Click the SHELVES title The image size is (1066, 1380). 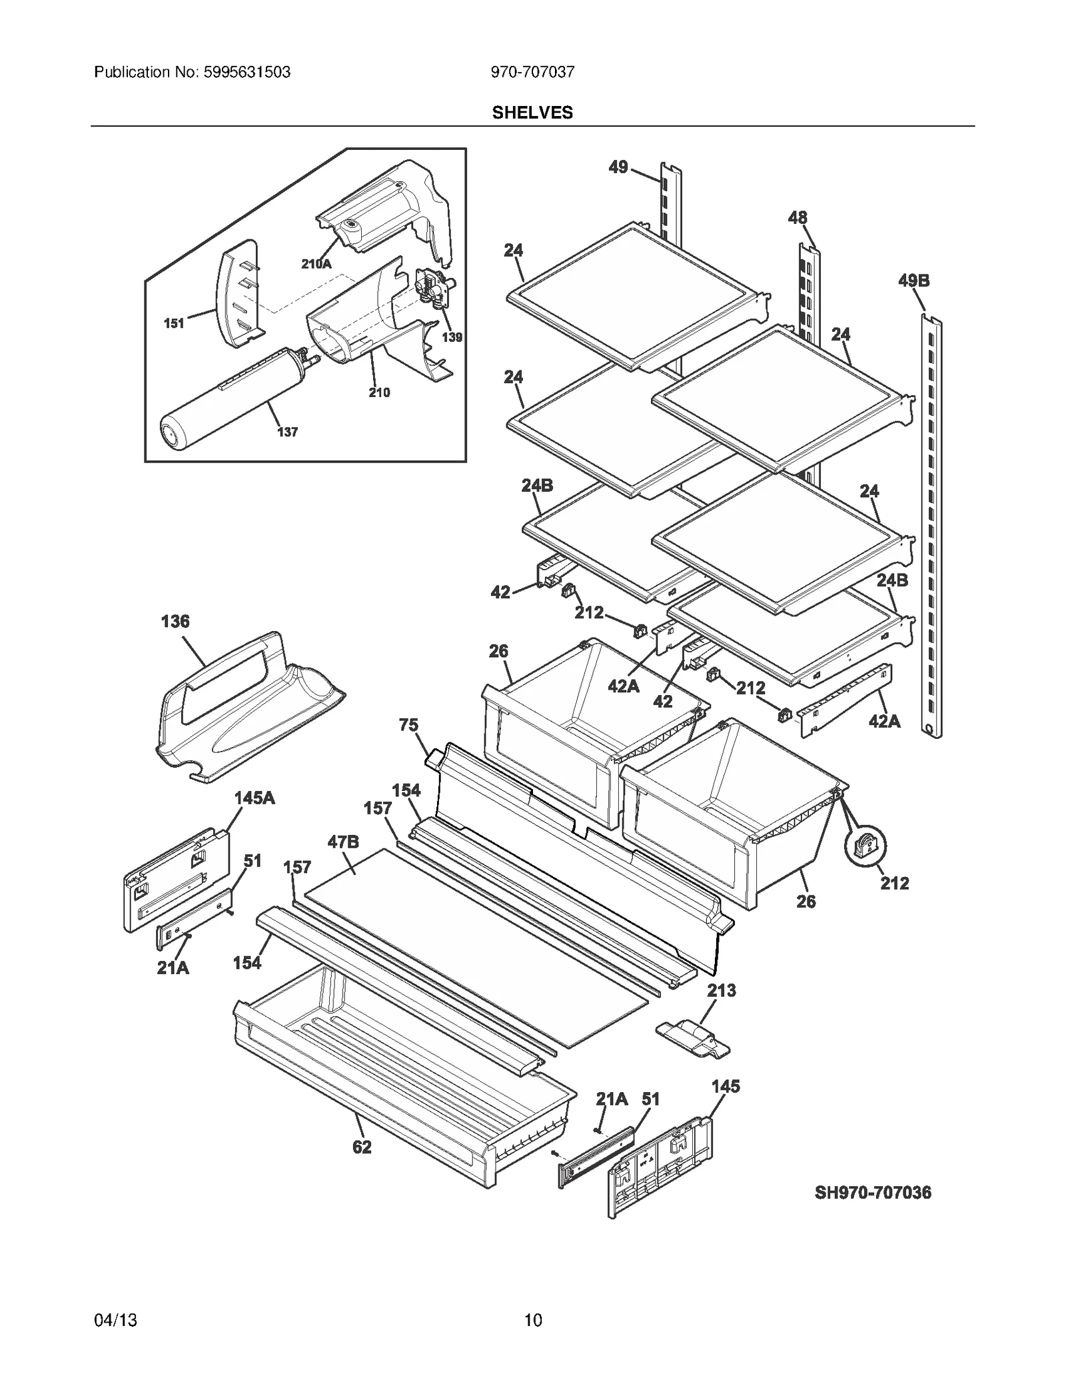click(532, 113)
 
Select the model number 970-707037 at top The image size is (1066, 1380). click(532, 72)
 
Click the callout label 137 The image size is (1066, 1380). click(287, 432)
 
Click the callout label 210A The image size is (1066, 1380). click(316, 264)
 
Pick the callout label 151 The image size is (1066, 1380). click(174, 323)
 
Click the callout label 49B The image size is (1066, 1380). click(913, 281)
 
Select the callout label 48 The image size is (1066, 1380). click(797, 218)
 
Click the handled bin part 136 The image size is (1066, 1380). click(247, 706)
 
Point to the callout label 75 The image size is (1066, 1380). click(408, 724)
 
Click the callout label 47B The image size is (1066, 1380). click(342, 842)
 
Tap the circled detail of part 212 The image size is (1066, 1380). click(864, 848)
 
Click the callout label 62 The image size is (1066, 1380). click(361, 1147)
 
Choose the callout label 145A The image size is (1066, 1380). click(254, 798)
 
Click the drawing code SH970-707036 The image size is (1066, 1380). click(872, 1193)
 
